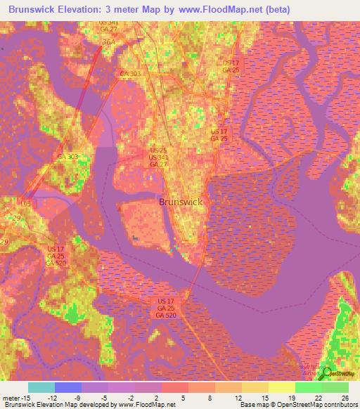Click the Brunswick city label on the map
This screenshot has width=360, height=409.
(x=181, y=202)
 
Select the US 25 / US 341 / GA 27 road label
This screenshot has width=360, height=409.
(x=158, y=157)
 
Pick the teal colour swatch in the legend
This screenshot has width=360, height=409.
(x=41, y=387)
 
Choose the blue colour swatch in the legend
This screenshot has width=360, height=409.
(x=68, y=387)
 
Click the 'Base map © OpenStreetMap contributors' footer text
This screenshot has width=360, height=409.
(x=297, y=404)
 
